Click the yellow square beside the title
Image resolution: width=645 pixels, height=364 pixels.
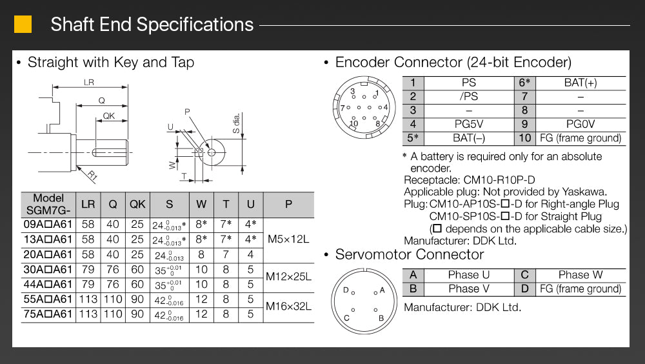coord(23,25)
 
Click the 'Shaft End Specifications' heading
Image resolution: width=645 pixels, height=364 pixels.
coord(152,25)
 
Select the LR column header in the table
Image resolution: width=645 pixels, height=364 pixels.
coord(88,205)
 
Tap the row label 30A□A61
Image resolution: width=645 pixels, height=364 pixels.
coord(48,269)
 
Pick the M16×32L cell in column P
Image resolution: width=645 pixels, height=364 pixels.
coord(288,306)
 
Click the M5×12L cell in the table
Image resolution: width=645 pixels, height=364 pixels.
coord(288,239)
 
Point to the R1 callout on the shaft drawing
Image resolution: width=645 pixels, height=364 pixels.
coord(92,174)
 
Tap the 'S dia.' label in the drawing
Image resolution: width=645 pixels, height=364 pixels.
coord(237,122)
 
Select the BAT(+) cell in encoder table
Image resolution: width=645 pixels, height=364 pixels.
coord(580,83)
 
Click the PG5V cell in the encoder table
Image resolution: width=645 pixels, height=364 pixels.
coord(468,124)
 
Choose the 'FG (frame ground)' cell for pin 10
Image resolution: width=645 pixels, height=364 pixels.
coord(580,137)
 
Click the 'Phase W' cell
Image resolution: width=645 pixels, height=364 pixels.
coord(580,275)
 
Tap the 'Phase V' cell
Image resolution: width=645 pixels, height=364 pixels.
coord(468,288)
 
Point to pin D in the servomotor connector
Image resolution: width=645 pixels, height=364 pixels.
coord(346,290)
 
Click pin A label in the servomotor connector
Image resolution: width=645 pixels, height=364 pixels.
coord(382,290)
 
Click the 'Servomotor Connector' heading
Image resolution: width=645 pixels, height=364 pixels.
coord(409,254)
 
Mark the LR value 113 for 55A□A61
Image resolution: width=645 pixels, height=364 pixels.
coord(88,299)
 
